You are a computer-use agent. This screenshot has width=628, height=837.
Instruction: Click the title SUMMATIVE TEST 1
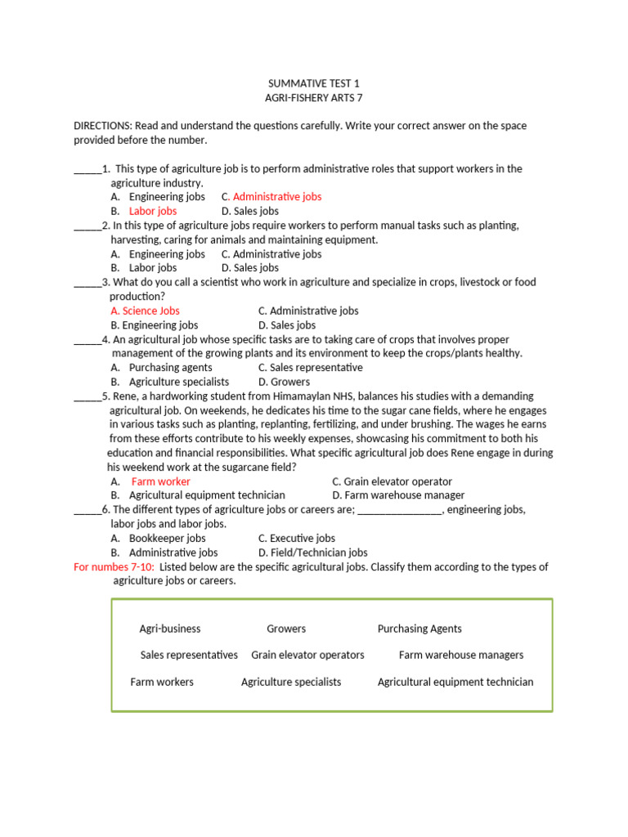click(x=313, y=84)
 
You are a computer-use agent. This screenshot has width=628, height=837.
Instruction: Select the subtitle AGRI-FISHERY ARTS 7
click(x=313, y=98)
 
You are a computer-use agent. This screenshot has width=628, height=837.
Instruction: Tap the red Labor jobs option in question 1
click(x=152, y=211)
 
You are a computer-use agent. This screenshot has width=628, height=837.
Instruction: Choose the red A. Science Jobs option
click(x=145, y=311)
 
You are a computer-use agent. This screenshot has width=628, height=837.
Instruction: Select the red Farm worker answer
click(x=160, y=481)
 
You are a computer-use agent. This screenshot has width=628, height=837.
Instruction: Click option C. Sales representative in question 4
click(x=310, y=368)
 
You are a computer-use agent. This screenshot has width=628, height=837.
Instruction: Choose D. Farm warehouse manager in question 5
click(x=398, y=495)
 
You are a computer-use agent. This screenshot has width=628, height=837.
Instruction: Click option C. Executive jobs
click(x=296, y=539)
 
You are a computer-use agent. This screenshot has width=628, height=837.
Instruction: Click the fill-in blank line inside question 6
click(x=400, y=511)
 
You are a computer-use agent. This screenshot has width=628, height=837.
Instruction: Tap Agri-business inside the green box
click(x=170, y=629)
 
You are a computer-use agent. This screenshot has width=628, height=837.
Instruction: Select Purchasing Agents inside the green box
click(x=419, y=629)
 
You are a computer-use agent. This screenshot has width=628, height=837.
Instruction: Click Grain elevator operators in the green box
click(x=307, y=655)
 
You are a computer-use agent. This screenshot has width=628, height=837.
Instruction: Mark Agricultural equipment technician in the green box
click(x=455, y=682)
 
